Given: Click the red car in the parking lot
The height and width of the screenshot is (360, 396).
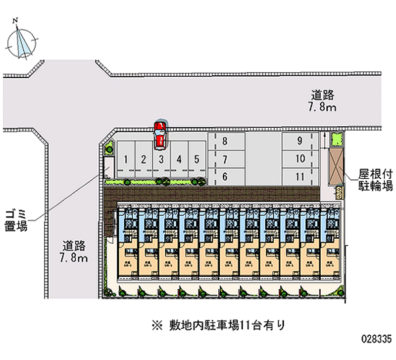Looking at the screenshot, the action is click(159, 136).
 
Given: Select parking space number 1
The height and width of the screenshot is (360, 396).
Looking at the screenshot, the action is click(127, 159).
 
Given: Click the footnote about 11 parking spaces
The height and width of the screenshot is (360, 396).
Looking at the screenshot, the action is click(218, 325).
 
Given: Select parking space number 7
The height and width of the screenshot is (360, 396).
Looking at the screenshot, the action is click(225, 159).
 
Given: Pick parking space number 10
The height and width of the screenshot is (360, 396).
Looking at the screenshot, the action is click(300, 159).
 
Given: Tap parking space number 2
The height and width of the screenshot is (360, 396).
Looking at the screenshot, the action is click(143, 159).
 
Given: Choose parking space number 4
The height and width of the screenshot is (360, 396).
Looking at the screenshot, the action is click(179, 159).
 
